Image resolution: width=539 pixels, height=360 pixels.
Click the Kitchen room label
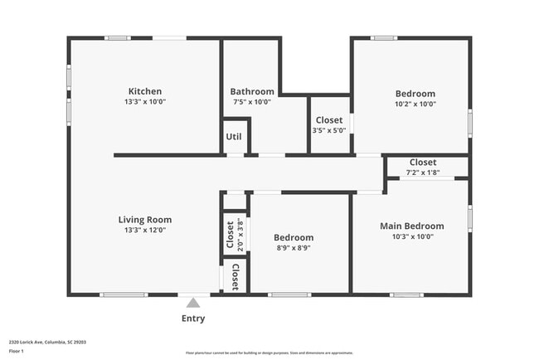pyautogui.click(x=144, y=91)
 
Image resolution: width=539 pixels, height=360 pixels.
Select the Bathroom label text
pyautogui.click(x=252, y=92)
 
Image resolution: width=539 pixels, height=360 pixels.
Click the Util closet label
pyautogui.click(x=236, y=137)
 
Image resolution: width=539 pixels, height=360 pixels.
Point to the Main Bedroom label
pyautogui.click(x=411, y=226)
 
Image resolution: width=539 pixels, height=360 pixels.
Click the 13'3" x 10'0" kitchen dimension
pyautogui.click(x=144, y=103)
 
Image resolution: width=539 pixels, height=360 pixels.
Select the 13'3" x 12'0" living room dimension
pyautogui.click(x=144, y=231)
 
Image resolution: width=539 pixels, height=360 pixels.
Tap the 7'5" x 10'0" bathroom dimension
pyautogui.click(x=252, y=103)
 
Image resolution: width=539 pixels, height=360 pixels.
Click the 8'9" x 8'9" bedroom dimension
pyautogui.click(x=294, y=247)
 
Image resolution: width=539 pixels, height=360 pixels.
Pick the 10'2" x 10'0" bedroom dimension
pyautogui.click(x=415, y=104)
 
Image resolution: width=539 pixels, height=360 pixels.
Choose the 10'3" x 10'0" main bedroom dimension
pyautogui.click(x=411, y=236)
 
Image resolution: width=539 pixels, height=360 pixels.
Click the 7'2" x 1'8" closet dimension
pyautogui.click(x=422, y=173)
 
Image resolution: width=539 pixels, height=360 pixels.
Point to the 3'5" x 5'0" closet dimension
pyautogui.click(x=328, y=130)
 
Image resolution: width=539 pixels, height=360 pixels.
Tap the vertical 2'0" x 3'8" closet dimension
pyautogui.click(x=240, y=233)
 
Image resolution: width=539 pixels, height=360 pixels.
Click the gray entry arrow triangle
pyautogui.click(x=193, y=303)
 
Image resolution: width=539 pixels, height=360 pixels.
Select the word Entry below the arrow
pyautogui.click(x=193, y=319)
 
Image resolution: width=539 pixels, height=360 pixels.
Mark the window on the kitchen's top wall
pyautogui.click(x=117, y=37)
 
